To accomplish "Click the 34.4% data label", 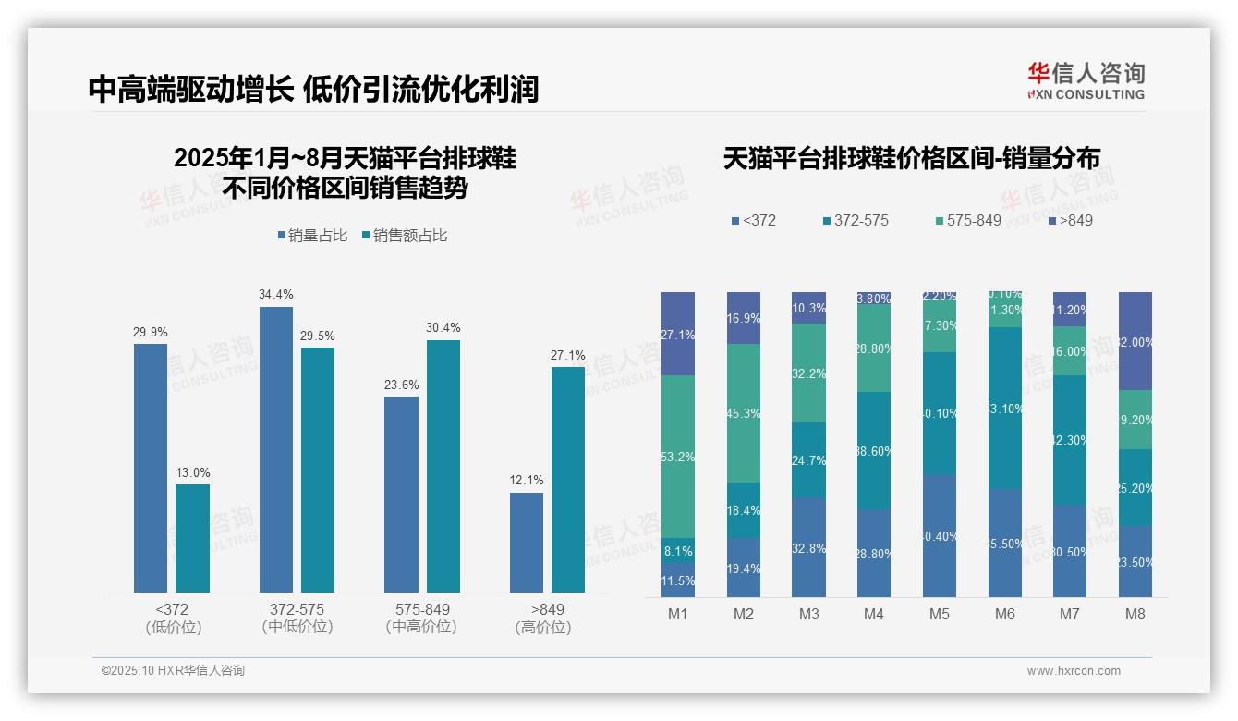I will pos(276,295).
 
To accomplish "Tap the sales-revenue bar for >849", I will pos(568,479).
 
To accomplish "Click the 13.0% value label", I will pos(193,472).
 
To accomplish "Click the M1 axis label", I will pos(678,614).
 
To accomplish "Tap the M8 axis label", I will pos(1135,614).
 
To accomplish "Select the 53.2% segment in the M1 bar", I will pos(678,457).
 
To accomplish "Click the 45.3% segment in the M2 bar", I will pos(744,413).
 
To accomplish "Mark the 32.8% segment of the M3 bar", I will pos(809,547).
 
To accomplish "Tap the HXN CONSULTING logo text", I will pos(1086,94).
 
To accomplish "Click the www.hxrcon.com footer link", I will pos(1074,671).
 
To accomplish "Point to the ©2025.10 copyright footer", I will pos(173,671).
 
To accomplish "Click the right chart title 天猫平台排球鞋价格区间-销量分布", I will pos(911,158).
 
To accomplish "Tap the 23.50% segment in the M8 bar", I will pos(1135,561).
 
